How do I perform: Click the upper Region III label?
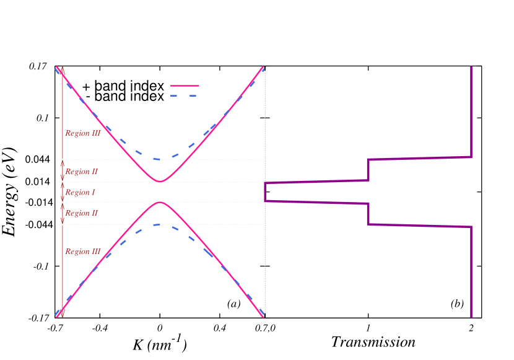point(83,133)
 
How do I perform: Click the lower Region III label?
point(83,252)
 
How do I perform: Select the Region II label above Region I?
point(81,172)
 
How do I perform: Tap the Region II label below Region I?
point(81,213)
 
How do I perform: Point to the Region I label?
point(80,193)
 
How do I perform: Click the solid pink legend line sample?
point(185,86)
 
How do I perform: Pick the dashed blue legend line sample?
point(185,95)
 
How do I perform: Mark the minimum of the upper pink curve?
point(160,182)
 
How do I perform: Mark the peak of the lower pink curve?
point(160,202)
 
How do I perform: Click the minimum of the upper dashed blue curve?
point(160,159)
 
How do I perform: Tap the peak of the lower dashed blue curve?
point(160,224)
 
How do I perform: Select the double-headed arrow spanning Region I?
point(63,192)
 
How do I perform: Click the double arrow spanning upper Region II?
point(63,170)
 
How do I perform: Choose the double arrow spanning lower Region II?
point(63,213)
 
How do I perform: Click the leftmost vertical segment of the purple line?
point(265,192)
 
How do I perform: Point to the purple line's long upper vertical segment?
point(472,112)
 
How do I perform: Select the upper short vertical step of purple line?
point(368,170)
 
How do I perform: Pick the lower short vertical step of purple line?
point(368,214)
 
